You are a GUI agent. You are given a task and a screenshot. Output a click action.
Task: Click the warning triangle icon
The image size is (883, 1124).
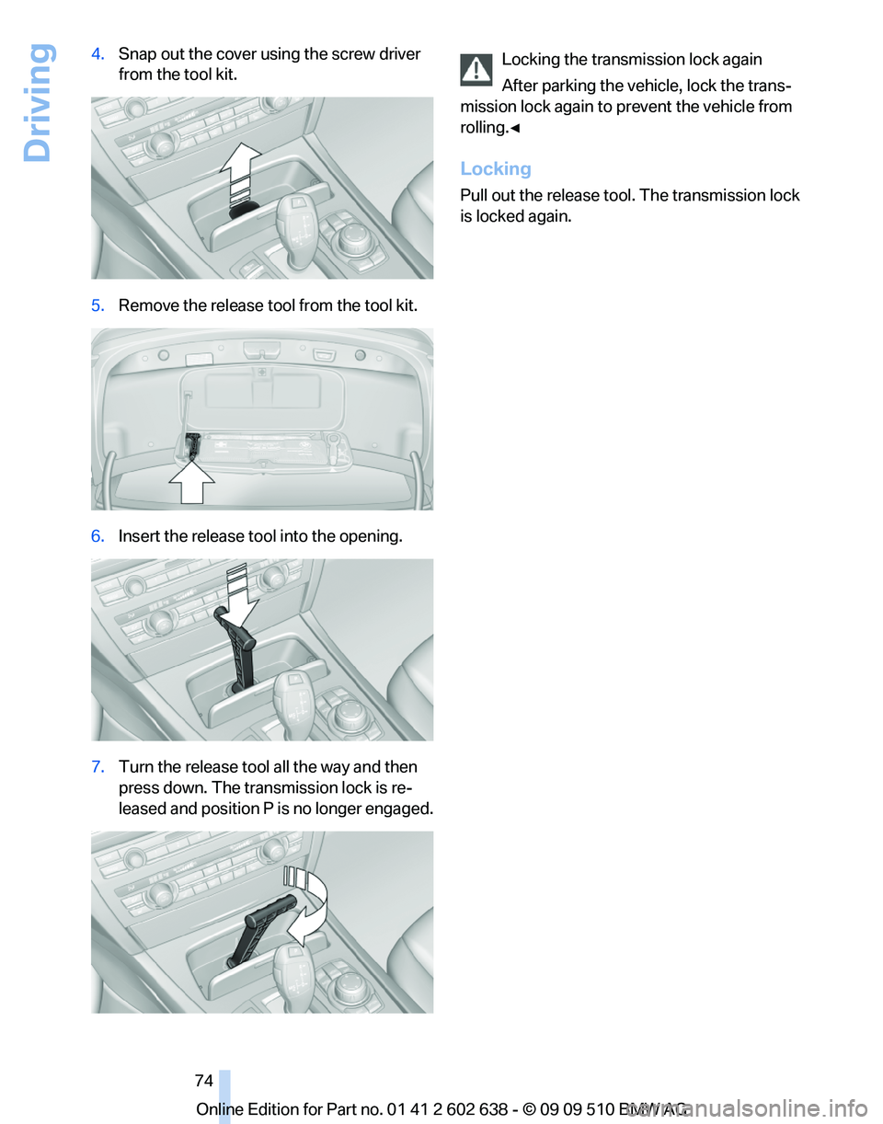tap(476, 69)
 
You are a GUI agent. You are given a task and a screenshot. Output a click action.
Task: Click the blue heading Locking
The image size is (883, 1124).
tap(496, 168)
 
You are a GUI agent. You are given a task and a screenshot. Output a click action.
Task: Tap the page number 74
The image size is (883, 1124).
tap(204, 1080)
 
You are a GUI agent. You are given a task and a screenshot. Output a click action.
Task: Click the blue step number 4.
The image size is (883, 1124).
tap(97, 53)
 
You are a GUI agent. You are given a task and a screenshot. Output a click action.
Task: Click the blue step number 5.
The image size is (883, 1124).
tap(97, 305)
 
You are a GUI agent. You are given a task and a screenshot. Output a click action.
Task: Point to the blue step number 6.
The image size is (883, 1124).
tap(97, 536)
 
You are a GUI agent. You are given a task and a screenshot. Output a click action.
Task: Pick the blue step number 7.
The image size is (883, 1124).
tap(97, 766)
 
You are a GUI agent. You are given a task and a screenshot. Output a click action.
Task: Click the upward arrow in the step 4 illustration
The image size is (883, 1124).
tap(242, 173)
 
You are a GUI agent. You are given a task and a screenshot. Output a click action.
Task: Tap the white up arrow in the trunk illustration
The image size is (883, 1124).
tap(192, 483)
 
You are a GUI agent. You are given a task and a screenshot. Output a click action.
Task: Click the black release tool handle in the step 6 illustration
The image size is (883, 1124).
tap(235, 650)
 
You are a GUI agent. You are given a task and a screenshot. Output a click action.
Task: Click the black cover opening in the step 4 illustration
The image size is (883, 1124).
tap(243, 210)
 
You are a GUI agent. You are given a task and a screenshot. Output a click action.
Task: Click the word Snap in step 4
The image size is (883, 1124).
tap(138, 54)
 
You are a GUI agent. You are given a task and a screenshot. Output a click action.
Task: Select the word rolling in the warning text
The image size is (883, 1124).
tap(485, 128)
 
